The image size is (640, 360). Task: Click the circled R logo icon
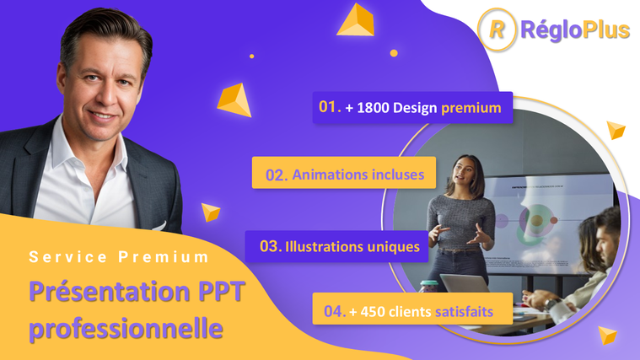(497, 30)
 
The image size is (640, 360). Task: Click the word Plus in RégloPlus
(606, 30)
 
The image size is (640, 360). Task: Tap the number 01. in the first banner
(330, 107)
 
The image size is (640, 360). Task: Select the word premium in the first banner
(471, 108)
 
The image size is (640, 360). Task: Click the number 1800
(373, 108)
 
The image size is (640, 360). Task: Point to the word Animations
(325, 175)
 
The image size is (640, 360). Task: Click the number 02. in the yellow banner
(277, 175)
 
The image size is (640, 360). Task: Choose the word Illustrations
(324, 247)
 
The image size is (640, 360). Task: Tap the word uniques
(394, 248)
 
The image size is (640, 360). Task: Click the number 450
(372, 312)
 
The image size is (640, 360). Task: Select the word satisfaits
(464, 312)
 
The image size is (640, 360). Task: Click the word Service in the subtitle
(68, 257)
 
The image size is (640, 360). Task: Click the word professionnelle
(126, 329)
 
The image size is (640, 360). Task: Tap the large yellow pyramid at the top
(356, 20)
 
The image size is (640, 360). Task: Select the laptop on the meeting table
(464, 283)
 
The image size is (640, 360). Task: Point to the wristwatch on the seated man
(551, 304)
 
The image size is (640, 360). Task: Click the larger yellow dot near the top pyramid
(394, 53)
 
